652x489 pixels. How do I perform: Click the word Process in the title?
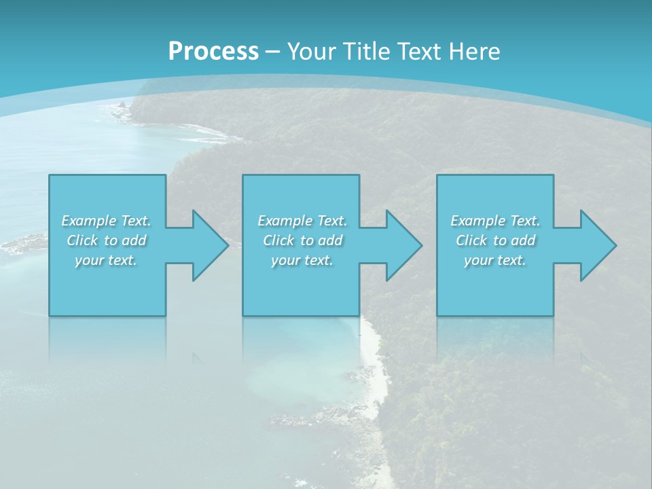[x=213, y=52]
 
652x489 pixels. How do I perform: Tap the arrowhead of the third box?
[x=597, y=245]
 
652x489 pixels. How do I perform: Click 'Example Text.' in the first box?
[x=106, y=221]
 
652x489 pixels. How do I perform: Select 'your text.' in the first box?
[x=106, y=260]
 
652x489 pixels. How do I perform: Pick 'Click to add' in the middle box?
[x=302, y=240]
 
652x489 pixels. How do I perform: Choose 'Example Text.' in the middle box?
[x=302, y=221]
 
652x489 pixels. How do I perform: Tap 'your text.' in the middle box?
[x=302, y=260]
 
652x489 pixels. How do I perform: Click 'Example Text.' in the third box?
[x=495, y=221]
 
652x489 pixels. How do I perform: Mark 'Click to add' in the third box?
[x=495, y=240]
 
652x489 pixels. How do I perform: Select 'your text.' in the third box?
[x=495, y=260]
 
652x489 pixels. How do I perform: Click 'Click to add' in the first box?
[x=106, y=240]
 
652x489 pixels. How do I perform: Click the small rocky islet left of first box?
[x=27, y=242]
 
